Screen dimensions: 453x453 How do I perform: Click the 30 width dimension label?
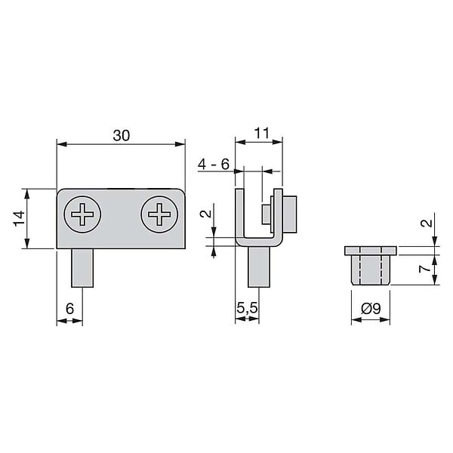tap(122, 135)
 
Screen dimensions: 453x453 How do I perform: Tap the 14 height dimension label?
tap(20, 219)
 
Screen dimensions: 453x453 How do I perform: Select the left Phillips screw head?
tap(82, 214)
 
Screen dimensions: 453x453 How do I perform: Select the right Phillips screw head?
tap(159, 214)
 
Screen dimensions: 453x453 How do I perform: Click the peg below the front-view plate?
tap(82, 268)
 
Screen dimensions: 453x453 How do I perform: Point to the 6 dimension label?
tap(70, 308)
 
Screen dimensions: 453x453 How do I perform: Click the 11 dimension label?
tap(261, 133)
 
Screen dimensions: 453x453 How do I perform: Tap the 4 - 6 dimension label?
tap(213, 165)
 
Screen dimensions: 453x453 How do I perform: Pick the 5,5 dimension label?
tap(247, 308)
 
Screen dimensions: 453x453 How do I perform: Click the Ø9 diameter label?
tap(371, 309)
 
